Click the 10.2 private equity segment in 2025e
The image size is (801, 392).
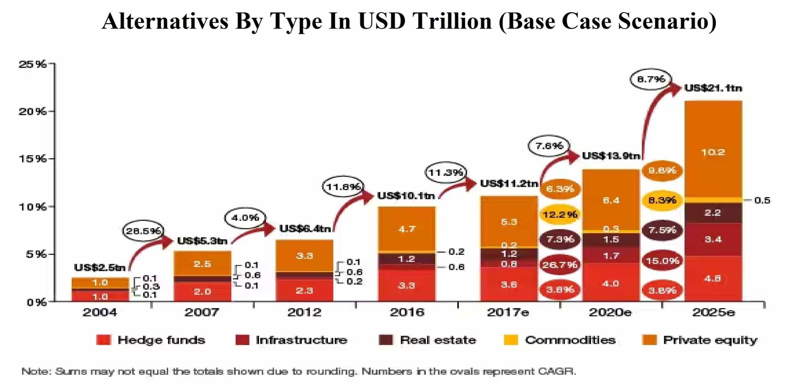point(713,152)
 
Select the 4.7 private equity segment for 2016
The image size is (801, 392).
point(406,229)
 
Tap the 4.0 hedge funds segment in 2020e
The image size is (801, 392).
point(611,284)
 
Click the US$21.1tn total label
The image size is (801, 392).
point(713,88)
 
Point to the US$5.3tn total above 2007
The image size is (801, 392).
point(202,241)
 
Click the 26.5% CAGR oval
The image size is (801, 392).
point(143,231)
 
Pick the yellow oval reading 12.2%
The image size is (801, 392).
point(560,214)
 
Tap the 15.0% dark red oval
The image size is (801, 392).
point(662,260)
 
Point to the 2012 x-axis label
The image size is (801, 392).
point(304,312)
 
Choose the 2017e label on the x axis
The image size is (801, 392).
point(508,312)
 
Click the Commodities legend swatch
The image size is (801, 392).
point(511,340)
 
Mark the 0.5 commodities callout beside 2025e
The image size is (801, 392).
point(762,200)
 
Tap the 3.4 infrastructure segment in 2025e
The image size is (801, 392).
point(713,239)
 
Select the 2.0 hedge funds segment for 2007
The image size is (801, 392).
point(202,291)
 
